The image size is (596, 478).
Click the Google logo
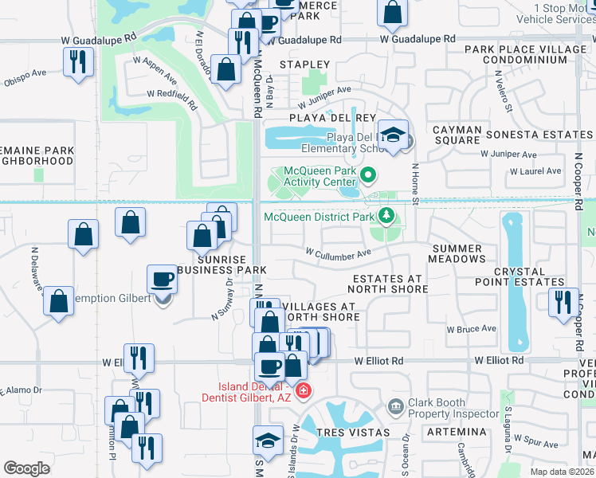(x=26, y=468)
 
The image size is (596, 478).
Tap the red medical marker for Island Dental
(x=303, y=390)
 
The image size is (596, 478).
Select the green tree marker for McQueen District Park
(x=386, y=215)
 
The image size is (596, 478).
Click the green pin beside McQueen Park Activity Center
(x=368, y=174)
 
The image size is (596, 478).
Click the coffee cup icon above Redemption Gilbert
(x=163, y=280)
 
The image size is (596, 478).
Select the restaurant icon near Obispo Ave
(x=78, y=61)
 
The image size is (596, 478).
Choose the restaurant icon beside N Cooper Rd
(x=563, y=302)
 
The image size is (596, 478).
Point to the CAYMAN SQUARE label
(x=457, y=135)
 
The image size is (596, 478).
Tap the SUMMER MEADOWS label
(x=456, y=253)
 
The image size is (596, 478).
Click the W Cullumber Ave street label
(x=339, y=253)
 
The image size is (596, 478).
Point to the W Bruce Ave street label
(x=471, y=328)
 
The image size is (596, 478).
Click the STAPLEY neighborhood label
(x=304, y=64)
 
